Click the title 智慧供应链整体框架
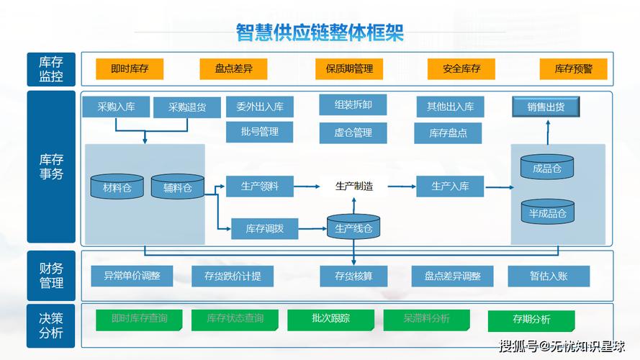[x=320, y=32]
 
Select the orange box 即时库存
[x=130, y=69]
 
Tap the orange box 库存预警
[x=573, y=69]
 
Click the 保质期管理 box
[x=349, y=69]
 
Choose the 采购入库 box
[x=116, y=107]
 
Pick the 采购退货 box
[x=187, y=108]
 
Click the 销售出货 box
[x=545, y=107]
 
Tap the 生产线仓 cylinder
[x=353, y=228]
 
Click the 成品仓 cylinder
[x=546, y=168]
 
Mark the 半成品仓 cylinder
[x=547, y=212]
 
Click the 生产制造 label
[x=354, y=186]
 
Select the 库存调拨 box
[x=264, y=229]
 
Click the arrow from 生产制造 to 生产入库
[x=401, y=186]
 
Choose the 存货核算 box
[x=353, y=276]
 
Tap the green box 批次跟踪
[x=330, y=319]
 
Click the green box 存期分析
[x=531, y=320]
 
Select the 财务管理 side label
[x=51, y=276]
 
